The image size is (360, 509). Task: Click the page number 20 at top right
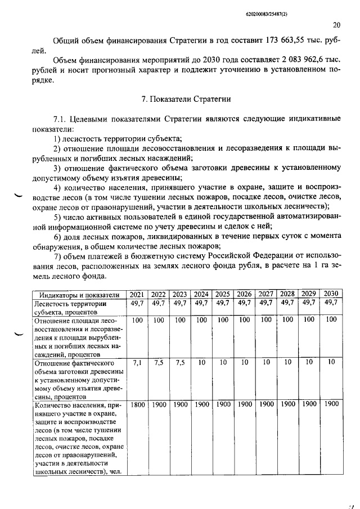point(336,25)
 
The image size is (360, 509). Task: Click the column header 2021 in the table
point(137,294)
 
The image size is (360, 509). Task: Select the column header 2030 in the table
point(331,294)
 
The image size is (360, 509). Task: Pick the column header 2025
point(223,294)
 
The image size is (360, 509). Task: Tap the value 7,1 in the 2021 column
point(137,363)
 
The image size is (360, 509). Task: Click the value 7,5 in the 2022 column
point(158,363)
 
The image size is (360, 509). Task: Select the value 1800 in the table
point(137,404)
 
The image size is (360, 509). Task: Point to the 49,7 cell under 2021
point(137,303)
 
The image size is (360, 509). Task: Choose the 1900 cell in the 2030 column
point(331,404)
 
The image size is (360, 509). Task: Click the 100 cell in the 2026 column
point(244,319)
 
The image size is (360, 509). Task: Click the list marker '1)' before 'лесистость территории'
point(58,138)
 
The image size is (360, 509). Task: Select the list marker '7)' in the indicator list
point(58,256)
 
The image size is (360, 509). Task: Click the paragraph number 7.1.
point(60,119)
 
